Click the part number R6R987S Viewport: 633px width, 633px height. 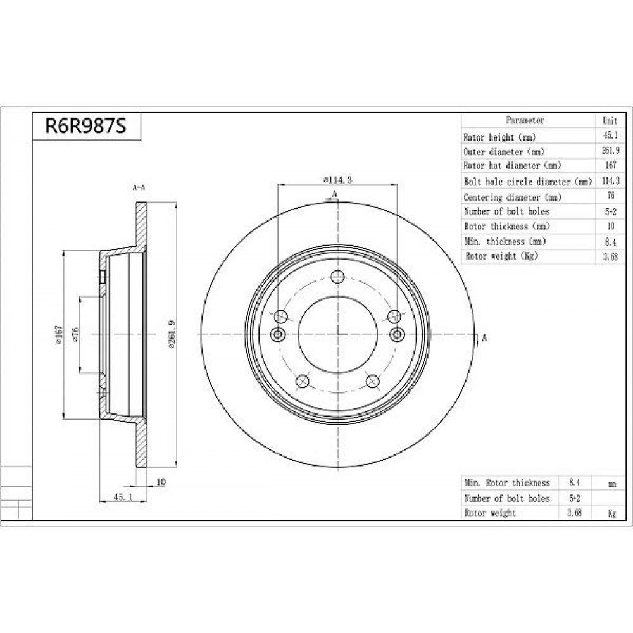[85, 125]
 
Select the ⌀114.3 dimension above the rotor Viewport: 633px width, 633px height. [337, 180]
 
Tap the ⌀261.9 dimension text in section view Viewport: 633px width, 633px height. [172, 334]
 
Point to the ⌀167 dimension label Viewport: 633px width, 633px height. [60, 334]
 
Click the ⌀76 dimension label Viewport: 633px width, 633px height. [75, 334]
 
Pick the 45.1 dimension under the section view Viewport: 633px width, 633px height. [123, 497]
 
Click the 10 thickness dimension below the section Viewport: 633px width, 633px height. [161, 482]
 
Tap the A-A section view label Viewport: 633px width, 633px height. [139, 187]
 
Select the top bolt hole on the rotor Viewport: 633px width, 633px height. [337, 277]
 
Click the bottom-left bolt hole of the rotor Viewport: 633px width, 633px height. [303, 381]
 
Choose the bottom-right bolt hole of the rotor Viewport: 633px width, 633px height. [373, 381]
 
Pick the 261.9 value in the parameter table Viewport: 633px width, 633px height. [610, 151]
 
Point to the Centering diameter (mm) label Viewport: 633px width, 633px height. [513, 197]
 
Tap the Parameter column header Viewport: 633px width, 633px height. [525, 120]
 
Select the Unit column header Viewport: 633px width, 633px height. [610, 120]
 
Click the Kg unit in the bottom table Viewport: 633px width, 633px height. [612, 513]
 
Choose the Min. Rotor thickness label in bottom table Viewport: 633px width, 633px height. [508, 483]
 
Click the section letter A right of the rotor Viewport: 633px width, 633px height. [484, 337]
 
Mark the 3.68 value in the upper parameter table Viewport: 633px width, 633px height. [610, 256]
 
